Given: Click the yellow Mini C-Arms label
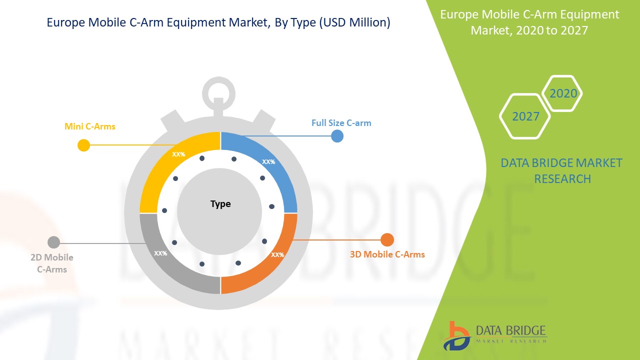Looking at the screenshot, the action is (89, 126).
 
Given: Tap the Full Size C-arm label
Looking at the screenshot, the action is (341, 123).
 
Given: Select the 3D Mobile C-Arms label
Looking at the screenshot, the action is (387, 254).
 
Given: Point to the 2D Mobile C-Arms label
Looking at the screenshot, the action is (52, 263).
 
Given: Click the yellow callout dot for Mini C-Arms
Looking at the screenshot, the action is (83, 145).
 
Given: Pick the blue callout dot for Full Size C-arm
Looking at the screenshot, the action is (337, 136).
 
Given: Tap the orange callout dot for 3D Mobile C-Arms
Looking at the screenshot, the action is (387, 239).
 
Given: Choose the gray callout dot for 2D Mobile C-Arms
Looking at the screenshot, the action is (53, 242).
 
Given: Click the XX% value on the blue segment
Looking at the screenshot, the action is (268, 161).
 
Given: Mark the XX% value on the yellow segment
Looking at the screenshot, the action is (178, 154).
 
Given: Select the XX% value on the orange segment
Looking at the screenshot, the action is (277, 254).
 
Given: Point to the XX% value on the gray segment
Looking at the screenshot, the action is (160, 253).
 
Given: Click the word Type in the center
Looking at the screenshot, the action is (220, 204).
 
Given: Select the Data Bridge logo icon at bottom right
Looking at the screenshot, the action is (456, 336).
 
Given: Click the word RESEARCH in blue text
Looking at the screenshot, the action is (562, 179).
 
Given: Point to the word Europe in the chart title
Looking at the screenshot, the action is (65, 22).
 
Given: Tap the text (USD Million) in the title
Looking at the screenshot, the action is (354, 22).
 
